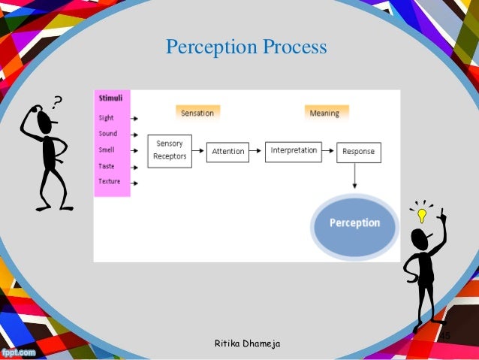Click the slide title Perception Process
tap(246, 47)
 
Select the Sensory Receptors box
tap(170, 150)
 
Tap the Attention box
tap(227, 151)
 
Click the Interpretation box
tap(294, 150)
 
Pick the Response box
tap(358, 152)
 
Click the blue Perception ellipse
tap(354, 223)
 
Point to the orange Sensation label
tap(197, 113)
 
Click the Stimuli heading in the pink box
tap(110, 98)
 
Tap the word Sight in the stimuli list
tap(107, 118)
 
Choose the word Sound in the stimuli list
tap(108, 134)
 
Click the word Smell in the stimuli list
tap(107, 150)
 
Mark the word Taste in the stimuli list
tap(107, 166)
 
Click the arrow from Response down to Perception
tap(354, 177)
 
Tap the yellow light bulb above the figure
tap(421, 216)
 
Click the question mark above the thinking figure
tap(56, 101)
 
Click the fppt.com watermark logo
tap(17, 351)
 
